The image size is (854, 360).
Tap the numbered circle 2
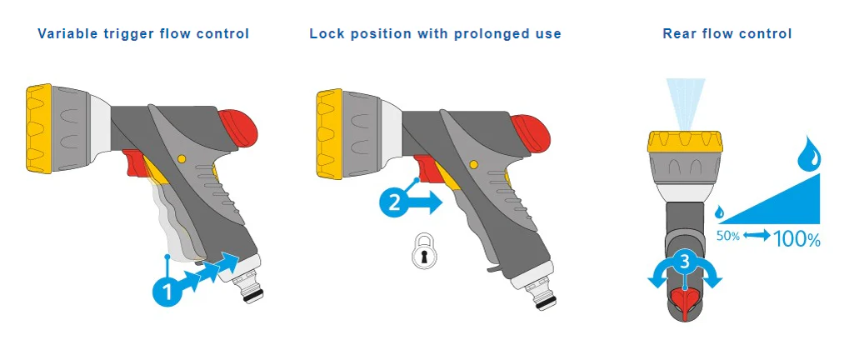tap(394, 202)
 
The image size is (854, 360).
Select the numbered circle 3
tap(685, 262)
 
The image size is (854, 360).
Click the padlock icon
tap(424, 251)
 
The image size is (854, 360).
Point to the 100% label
tap(797, 239)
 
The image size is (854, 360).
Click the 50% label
tap(727, 237)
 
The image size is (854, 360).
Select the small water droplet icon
tap(720, 212)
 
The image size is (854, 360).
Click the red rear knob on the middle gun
tap(530, 134)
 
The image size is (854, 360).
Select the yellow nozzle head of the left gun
tap(38, 128)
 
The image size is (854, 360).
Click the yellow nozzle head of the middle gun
tap(329, 134)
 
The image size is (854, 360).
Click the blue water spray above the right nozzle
tap(685, 103)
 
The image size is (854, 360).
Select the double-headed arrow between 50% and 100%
tap(757, 236)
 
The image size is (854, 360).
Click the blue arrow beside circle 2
tap(427, 202)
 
